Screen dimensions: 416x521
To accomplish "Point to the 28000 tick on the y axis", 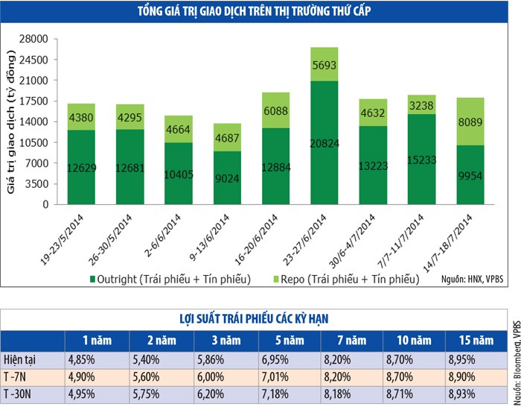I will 34,39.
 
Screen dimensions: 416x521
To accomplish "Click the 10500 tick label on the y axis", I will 34,142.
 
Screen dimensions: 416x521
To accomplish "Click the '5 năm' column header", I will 287,340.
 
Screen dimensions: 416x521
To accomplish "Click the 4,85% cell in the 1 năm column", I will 98,359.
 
